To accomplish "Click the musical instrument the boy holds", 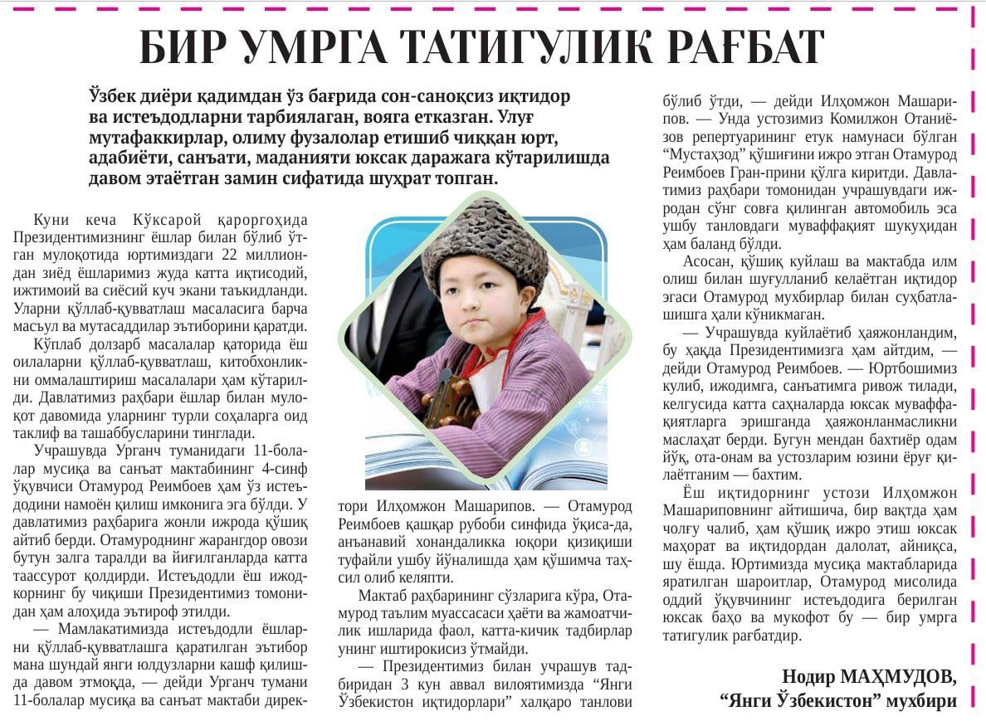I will pyautogui.click(x=449, y=406).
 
